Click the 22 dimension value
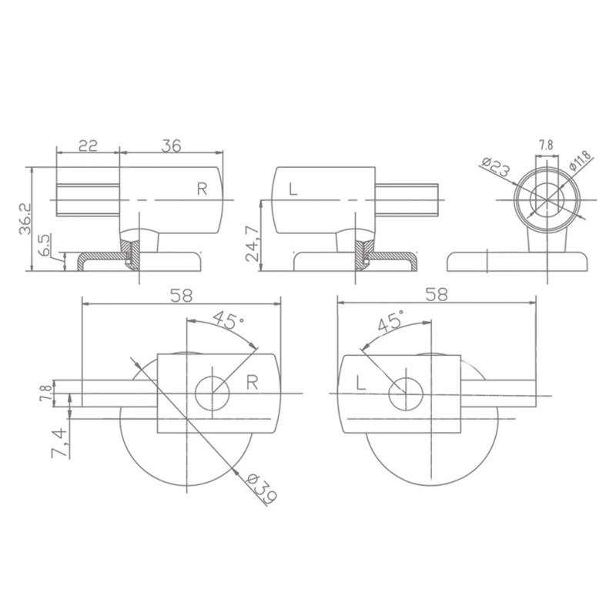coord(88,146)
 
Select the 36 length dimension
coord(171,146)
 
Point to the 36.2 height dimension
coord(25,219)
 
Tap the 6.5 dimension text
coord(45,246)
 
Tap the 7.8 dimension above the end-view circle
coord(545,145)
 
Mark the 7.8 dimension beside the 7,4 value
coord(46,393)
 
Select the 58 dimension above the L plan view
coord(436,294)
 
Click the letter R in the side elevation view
coord(202,189)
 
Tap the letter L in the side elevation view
coord(293,189)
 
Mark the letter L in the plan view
coord(360,382)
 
